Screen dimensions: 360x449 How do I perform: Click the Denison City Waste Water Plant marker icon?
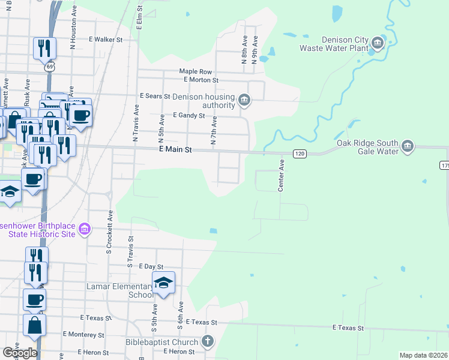coord(378,43)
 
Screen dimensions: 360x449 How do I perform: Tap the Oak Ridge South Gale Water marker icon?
coord(408,146)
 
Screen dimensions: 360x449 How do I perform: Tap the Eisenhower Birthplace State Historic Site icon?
coord(85,229)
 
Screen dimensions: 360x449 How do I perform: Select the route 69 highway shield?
coord(49,67)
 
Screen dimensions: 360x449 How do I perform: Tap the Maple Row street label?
coord(196,71)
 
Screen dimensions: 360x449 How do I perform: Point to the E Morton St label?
coord(201,80)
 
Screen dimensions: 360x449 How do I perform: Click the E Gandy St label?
coord(188,115)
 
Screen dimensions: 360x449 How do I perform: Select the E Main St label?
coord(175,150)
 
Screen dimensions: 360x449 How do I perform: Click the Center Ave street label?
coord(280,175)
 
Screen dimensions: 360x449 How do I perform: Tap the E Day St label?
coord(151,266)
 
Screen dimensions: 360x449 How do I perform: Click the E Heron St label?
coord(95,352)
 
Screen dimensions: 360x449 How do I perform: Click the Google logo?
coord(20,353)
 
